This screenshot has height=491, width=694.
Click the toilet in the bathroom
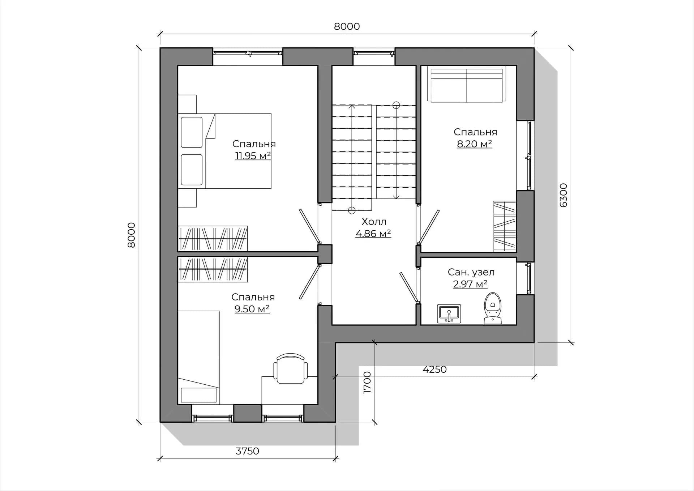click(x=493, y=308)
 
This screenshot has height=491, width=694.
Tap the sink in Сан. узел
click(x=449, y=313)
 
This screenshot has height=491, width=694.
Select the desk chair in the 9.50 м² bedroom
click(x=291, y=368)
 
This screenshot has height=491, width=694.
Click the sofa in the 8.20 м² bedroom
click(x=467, y=85)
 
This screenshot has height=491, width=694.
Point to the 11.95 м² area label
click(x=253, y=156)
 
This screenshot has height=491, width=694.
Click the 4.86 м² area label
click(x=373, y=234)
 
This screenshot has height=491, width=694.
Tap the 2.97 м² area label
click(x=470, y=284)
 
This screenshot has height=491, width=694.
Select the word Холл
click(x=374, y=221)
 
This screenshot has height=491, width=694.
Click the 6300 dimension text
click(x=563, y=195)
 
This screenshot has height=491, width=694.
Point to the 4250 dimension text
click(x=434, y=369)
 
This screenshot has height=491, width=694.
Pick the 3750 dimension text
click(x=247, y=451)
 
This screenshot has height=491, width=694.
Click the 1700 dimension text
click(x=367, y=382)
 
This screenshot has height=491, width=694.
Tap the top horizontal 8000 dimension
click(x=347, y=26)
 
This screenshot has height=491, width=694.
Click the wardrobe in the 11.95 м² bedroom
click(x=213, y=238)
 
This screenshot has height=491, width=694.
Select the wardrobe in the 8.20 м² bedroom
click(x=505, y=226)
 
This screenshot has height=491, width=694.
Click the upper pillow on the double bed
click(x=192, y=132)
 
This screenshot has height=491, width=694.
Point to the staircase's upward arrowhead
click(x=352, y=106)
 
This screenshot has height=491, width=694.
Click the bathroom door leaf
click(x=409, y=287)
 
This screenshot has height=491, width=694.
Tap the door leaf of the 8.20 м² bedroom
click(x=429, y=227)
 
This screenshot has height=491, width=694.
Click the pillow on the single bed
click(x=198, y=395)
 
